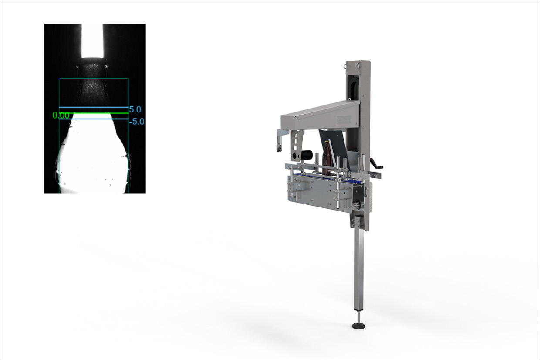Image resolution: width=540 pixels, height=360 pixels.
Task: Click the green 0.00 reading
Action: (x=61, y=115)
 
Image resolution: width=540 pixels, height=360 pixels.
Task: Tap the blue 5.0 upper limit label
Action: (x=135, y=109)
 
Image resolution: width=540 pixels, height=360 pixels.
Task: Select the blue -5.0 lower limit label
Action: (x=137, y=121)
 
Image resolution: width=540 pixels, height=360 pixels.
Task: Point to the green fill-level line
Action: (x=94, y=113)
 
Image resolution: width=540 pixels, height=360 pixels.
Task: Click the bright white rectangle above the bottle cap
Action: (x=92, y=41)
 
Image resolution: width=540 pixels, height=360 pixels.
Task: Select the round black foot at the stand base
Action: (x=358, y=326)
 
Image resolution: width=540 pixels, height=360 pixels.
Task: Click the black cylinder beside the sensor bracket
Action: (x=306, y=154)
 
